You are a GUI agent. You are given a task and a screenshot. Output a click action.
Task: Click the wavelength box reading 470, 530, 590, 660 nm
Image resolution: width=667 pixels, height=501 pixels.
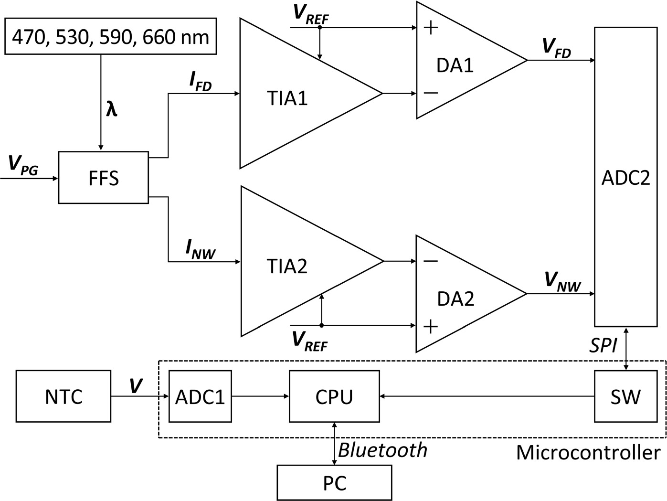(x=110, y=36)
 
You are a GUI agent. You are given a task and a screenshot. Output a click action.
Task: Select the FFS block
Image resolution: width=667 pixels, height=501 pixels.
(x=103, y=178)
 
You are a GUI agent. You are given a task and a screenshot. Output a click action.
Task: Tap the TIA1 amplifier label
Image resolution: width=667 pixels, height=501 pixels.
(x=287, y=98)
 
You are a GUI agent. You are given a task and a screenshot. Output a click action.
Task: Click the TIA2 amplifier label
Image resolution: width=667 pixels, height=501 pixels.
(x=287, y=266)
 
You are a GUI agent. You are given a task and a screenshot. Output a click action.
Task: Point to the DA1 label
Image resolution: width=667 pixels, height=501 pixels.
(x=455, y=65)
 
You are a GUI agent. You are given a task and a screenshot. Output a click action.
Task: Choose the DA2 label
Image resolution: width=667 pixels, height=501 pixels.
(x=455, y=299)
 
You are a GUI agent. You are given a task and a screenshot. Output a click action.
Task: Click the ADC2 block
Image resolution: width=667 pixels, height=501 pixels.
(x=625, y=177)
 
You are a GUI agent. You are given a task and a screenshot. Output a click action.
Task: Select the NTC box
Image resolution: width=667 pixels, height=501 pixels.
(x=64, y=396)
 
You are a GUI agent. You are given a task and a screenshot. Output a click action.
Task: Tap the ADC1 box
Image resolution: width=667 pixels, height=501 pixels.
(x=200, y=396)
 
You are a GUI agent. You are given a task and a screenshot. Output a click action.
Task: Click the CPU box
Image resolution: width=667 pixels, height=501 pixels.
(x=334, y=396)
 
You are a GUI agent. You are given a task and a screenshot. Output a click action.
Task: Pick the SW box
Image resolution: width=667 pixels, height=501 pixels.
(x=625, y=396)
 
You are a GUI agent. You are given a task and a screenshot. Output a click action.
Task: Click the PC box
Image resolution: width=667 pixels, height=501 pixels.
(x=334, y=483)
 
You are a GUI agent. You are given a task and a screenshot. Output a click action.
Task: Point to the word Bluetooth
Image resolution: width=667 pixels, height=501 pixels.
(x=382, y=450)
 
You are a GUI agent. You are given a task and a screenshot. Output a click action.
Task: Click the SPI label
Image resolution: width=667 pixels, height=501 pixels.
(x=603, y=346)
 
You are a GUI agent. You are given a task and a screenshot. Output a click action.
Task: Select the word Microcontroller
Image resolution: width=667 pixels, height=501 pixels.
(x=588, y=452)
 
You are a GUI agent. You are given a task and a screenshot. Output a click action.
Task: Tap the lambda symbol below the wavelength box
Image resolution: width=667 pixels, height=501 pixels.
(x=111, y=109)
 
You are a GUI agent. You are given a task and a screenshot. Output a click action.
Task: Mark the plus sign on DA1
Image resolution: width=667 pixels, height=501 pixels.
(x=431, y=28)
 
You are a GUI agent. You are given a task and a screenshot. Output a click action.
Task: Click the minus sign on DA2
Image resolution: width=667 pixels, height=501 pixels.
(x=430, y=261)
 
